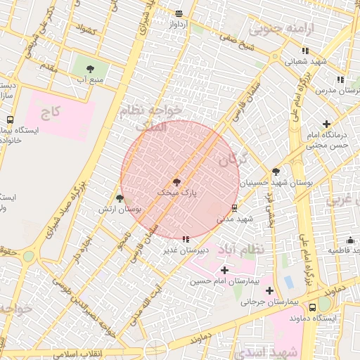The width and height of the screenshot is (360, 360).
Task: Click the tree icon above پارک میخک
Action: [176, 181]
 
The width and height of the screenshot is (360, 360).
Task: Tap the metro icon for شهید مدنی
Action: [234, 208]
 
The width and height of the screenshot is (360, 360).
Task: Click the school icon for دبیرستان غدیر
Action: [186, 239]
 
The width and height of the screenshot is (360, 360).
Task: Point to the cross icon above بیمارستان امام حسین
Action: [224, 270]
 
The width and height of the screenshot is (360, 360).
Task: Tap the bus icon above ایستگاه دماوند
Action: [312, 307]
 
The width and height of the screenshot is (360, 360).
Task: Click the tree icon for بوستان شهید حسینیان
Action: [276, 171]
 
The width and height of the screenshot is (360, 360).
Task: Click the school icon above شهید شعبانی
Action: [305, 51]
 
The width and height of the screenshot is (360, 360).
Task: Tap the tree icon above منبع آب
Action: [90, 69]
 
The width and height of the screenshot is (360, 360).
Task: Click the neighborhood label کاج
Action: [51, 112]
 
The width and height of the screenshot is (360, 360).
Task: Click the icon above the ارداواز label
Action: [179, 13]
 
